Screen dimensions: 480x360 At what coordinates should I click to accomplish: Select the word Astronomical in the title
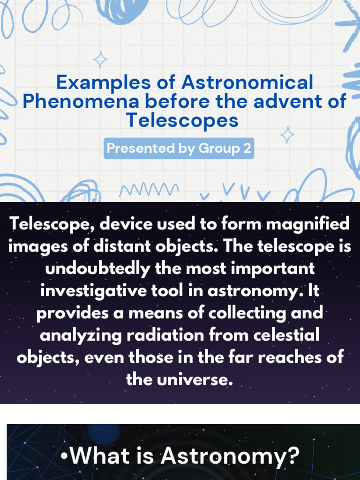point(247,82)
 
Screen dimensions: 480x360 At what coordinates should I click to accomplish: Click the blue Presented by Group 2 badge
point(179,148)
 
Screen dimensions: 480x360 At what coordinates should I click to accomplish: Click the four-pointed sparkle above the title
point(100,60)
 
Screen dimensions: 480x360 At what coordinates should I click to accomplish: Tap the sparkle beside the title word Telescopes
point(287,135)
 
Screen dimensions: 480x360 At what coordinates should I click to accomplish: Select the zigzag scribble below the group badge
point(149,189)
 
